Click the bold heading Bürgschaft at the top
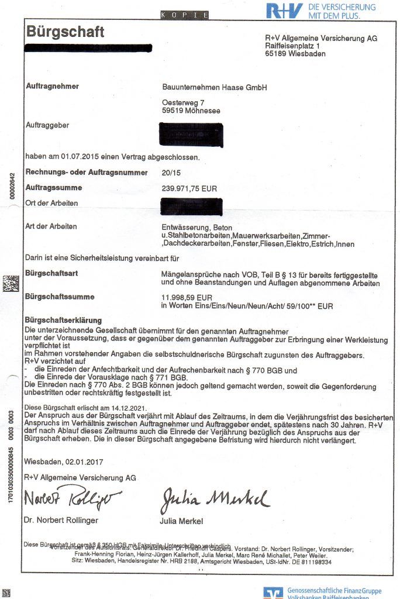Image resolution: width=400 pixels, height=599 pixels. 65,32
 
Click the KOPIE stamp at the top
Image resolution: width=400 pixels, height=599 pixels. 184,15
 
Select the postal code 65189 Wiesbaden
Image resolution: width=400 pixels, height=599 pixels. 295,54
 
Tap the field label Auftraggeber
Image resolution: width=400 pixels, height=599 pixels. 47,125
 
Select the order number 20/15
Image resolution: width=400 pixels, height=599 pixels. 171,173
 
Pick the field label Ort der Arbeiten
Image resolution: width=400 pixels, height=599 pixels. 51,204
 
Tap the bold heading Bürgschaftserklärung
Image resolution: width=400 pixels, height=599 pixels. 63,321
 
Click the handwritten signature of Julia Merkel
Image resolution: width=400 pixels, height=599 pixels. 214,500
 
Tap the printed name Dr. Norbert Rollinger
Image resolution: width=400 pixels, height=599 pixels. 61,520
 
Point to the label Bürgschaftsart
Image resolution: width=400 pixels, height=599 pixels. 52,273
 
